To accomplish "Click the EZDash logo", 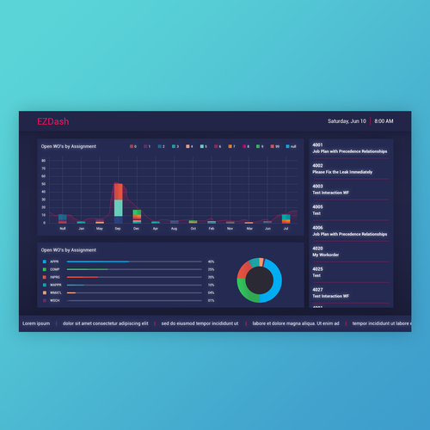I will click(52, 122).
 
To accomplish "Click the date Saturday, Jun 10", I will click(347, 121).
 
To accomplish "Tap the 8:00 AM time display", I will click(384, 121).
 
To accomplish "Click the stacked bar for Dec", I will click(137, 216).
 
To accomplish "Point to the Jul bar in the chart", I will click(286, 219).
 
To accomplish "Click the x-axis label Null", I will click(62, 229).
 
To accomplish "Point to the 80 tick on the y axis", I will click(43, 160).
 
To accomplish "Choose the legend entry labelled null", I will click(291, 146).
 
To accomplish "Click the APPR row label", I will click(54, 261).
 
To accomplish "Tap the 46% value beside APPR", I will click(211, 261).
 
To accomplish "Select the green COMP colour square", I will click(44, 269).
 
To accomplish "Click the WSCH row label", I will click(54, 301).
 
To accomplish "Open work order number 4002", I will click(317, 165).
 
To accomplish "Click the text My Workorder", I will click(327, 255).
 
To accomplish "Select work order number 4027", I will click(317, 289).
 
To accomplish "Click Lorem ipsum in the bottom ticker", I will click(36, 323).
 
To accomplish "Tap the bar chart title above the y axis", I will click(69, 146).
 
